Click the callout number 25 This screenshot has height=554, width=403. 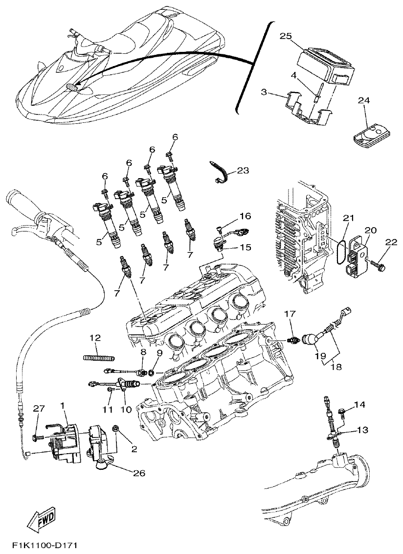[x=286, y=36]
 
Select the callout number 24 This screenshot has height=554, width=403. [x=363, y=100]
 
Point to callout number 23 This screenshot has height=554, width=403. [x=243, y=170]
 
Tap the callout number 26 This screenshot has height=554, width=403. [x=138, y=473]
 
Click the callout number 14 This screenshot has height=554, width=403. [x=359, y=404]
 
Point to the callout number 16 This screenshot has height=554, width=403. [x=245, y=216]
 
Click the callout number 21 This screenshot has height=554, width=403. [x=347, y=218]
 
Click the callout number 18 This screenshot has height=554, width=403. [x=338, y=366]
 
